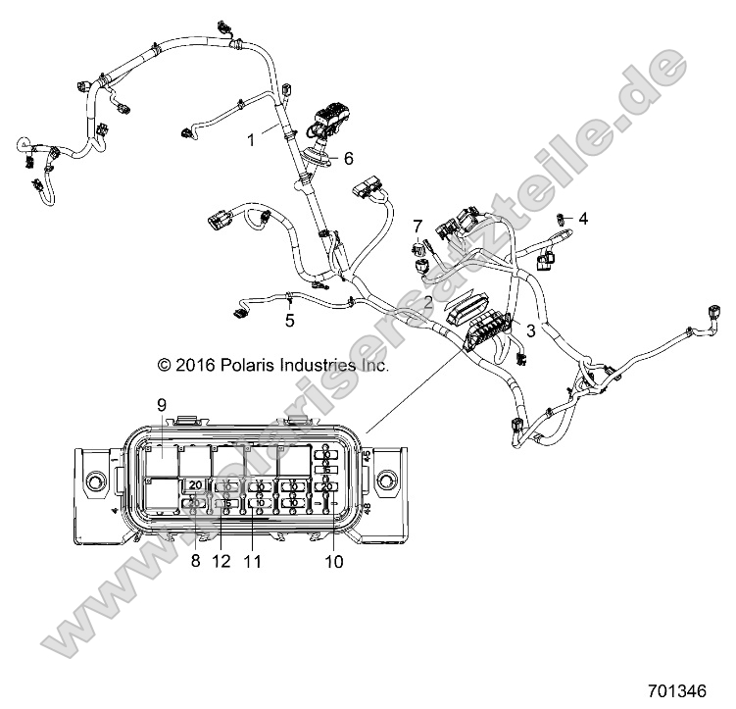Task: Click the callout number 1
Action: point(251,140)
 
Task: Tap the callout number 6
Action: point(347,157)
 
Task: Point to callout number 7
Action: point(417,226)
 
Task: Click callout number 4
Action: point(583,218)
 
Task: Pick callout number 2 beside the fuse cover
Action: point(428,301)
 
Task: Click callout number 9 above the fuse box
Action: point(162,404)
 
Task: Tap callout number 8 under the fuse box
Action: point(195,562)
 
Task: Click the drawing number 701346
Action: point(677,689)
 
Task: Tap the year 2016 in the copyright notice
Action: point(194,365)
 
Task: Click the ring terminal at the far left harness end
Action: point(19,146)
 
